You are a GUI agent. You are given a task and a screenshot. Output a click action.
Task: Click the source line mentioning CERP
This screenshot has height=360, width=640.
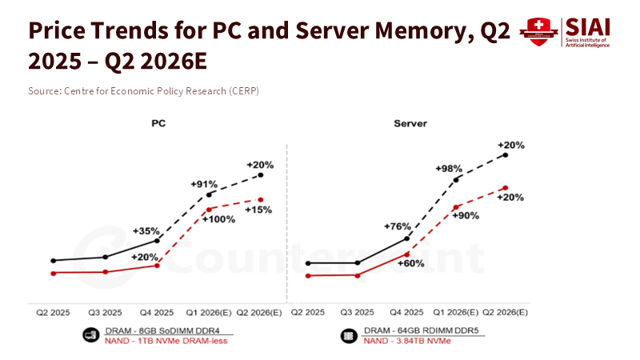pos(143,91)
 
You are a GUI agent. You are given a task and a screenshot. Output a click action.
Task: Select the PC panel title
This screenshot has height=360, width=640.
pos(158,125)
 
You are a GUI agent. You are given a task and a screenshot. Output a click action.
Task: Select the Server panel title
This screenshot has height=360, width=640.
pos(410,125)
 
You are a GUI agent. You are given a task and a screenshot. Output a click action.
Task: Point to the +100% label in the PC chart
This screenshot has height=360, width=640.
pos(218,219)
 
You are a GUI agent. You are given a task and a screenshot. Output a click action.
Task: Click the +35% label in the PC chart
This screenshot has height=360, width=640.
pos(146,231)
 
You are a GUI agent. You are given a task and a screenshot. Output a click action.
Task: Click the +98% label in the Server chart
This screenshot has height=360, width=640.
pos(450,169)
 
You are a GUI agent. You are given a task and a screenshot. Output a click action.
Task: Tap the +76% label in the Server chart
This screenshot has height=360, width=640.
pos(398,226)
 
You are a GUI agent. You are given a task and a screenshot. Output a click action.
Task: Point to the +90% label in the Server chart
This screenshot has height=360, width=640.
pos(466,215)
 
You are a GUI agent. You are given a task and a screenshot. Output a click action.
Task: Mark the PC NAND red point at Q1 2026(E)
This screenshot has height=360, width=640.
pos(209,210)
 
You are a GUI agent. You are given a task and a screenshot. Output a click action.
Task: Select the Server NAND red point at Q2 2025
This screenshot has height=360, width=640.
pos(309,276)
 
